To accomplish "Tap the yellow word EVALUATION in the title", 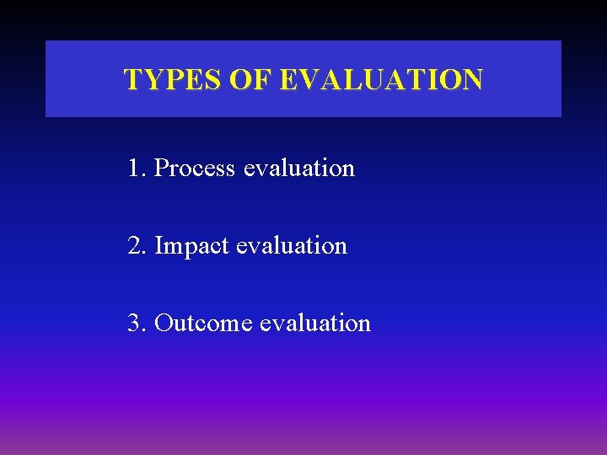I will pyautogui.click(x=381, y=80).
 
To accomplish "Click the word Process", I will pyautogui.click(x=195, y=169).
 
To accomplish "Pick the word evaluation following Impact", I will pyautogui.click(x=292, y=246).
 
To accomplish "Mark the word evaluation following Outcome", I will pyautogui.click(x=315, y=324).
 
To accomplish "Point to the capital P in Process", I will pyautogui.click(x=161, y=169).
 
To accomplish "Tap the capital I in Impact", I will pyautogui.click(x=159, y=246).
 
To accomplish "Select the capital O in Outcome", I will pyautogui.click(x=164, y=324).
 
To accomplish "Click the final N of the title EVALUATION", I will pyautogui.click(x=472, y=80).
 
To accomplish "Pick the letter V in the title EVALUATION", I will pyautogui.click(x=308, y=80).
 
